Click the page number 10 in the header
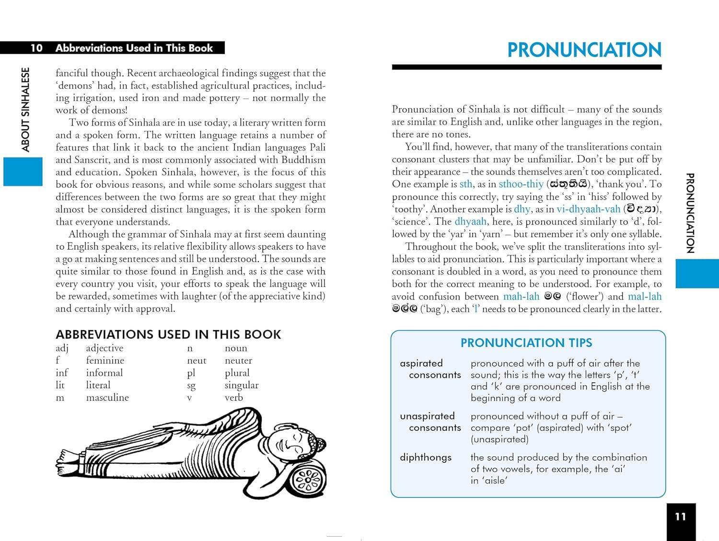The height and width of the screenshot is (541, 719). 36,48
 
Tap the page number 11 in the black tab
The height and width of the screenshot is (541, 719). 680,517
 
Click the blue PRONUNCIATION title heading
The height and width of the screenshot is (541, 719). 584,50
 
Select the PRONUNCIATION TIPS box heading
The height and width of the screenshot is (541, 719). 526,343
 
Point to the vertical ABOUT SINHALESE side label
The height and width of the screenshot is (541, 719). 25,109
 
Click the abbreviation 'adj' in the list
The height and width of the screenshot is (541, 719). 62,348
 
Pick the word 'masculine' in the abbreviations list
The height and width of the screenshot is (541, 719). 107,398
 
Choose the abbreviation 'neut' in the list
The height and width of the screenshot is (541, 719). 197,361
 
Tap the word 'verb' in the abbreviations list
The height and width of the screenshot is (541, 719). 234,398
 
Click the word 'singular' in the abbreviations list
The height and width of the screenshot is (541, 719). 242,385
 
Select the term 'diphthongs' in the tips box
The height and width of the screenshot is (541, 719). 426,458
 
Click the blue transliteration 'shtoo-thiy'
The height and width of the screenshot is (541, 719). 521,184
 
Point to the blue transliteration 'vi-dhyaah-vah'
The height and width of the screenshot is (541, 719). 588,209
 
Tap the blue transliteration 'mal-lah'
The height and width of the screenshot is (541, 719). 645,297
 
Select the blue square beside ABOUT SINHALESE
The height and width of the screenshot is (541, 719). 23,172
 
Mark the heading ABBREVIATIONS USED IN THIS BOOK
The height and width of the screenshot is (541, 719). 168,334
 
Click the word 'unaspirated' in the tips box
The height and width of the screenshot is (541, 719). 427,416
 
